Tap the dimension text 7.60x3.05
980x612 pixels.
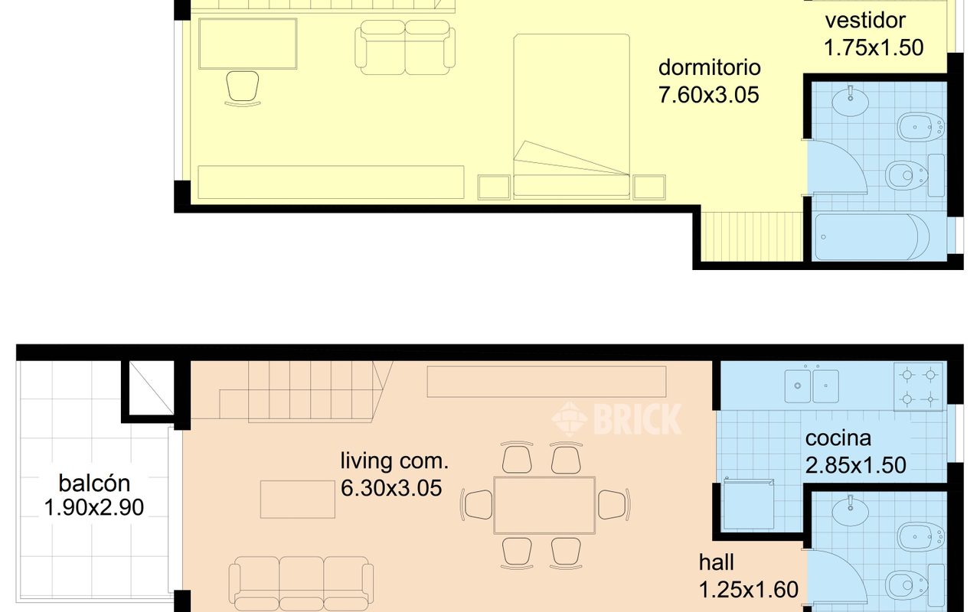708,95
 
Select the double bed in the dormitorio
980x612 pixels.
571,115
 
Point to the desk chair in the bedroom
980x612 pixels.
243,86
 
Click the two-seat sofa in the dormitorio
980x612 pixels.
405,47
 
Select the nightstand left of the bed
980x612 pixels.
494,187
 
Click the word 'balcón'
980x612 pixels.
94,483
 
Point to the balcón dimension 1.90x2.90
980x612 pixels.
94,507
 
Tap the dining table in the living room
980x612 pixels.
544,505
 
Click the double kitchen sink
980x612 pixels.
812,386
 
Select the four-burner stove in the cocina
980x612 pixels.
919,386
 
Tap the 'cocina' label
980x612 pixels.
838,439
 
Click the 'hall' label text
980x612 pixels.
716,563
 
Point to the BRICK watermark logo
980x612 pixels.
616,418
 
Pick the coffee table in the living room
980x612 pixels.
296,499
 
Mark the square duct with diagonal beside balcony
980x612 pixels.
149,389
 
